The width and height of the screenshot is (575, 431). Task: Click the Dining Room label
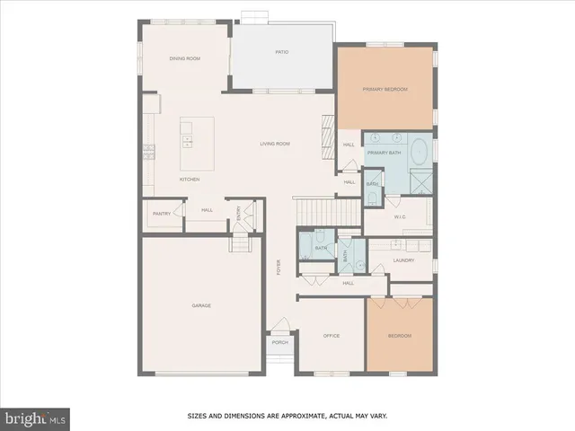pos(184,58)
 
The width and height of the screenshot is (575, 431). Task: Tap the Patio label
pos(281,53)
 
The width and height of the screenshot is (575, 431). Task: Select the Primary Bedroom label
pos(385,89)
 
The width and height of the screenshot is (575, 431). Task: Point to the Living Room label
pos(275,144)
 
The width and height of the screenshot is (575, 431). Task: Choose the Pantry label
pos(162,214)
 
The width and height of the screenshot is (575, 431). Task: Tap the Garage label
pos(201,305)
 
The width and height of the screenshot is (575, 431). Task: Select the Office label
pos(332,335)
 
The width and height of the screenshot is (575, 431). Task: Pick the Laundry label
pos(403,260)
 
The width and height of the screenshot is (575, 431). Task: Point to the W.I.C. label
pos(401,216)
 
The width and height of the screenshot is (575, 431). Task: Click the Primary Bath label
pos(383,153)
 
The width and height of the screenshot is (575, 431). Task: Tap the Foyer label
pos(279,266)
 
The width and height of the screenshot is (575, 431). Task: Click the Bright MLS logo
pos(36,418)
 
